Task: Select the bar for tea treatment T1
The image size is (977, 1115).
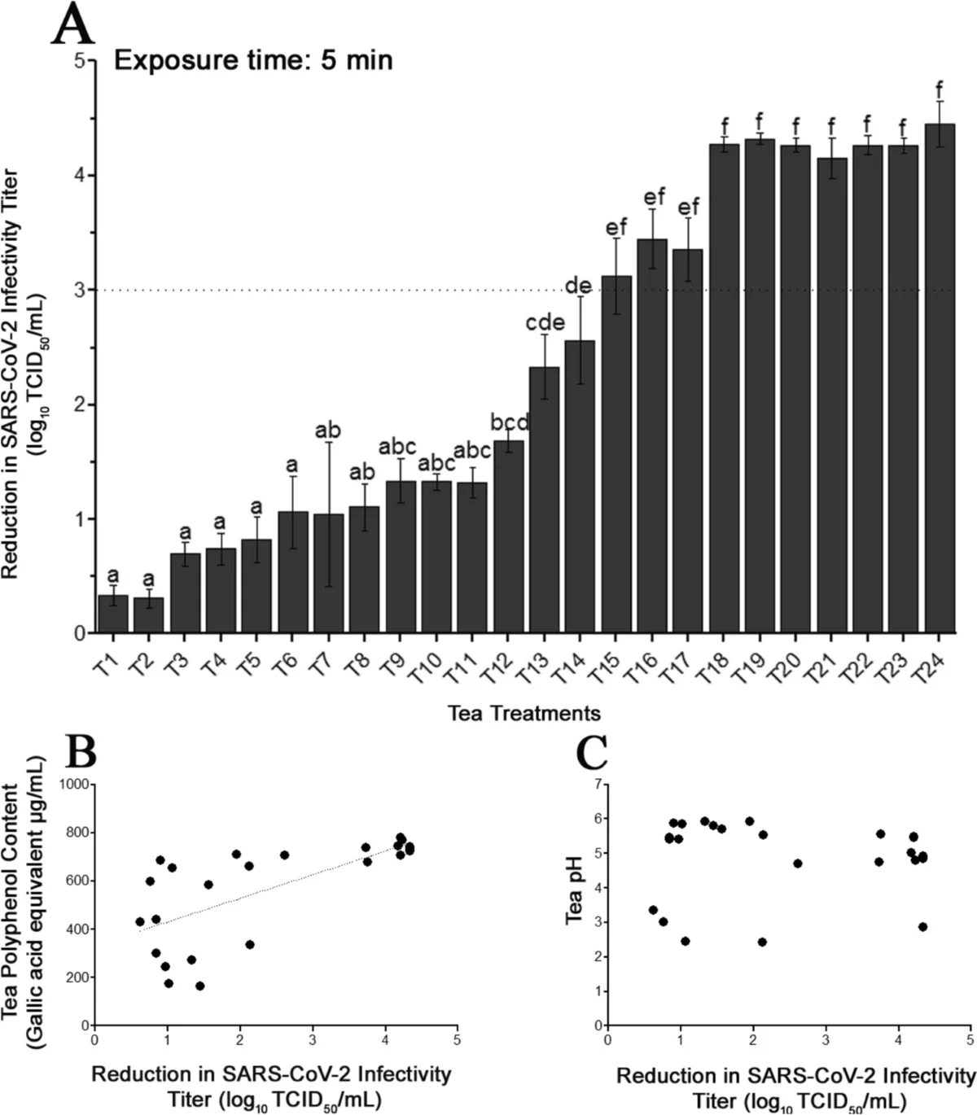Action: point(112,614)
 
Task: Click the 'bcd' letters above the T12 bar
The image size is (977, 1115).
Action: point(509,422)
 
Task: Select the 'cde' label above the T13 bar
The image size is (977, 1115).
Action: point(545,322)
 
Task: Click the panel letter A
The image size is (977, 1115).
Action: point(72,24)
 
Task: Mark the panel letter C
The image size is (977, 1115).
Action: point(592,754)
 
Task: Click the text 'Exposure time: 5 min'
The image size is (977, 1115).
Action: point(253,60)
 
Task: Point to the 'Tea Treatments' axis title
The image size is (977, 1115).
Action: point(524,714)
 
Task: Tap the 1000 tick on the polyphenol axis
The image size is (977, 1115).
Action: point(77,785)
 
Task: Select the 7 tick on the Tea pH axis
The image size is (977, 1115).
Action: point(598,784)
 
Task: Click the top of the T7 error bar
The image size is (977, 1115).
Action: point(328,442)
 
